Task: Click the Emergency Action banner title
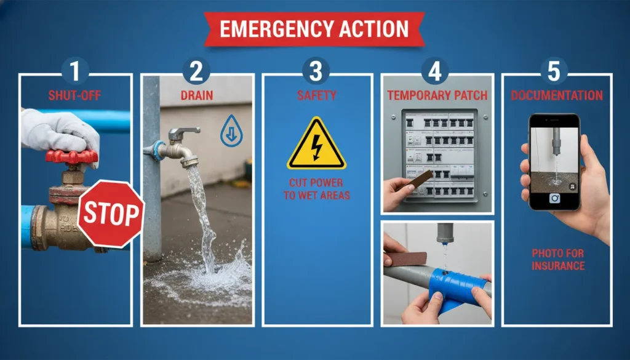[314, 28]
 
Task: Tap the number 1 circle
[75, 71]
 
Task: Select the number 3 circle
[316, 71]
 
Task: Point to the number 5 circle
[554, 71]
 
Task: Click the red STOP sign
[111, 213]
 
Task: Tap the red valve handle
[71, 156]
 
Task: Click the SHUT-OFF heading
[75, 95]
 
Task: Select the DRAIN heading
[196, 95]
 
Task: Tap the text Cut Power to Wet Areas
[317, 190]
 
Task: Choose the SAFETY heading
[316, 95]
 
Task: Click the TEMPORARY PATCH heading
[436, 95]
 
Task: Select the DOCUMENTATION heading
[557, 95]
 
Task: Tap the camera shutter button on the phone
[554, 198]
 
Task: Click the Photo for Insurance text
[557, 259]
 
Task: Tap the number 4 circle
[435, 71]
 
